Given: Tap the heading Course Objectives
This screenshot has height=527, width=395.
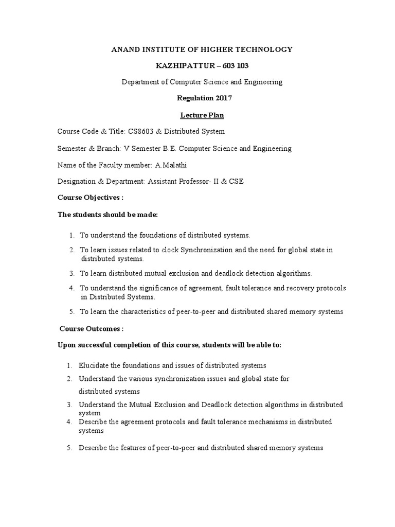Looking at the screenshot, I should pyautogui.click(x=90, y=198).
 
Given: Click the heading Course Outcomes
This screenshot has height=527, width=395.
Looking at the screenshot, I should pyautogui.click(x=91, y=328).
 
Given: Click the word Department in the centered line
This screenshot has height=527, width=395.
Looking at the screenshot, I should pyautogui.click(x=140, y=82).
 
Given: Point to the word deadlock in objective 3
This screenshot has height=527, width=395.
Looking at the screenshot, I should pyautogui.click(x=232, y=273).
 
